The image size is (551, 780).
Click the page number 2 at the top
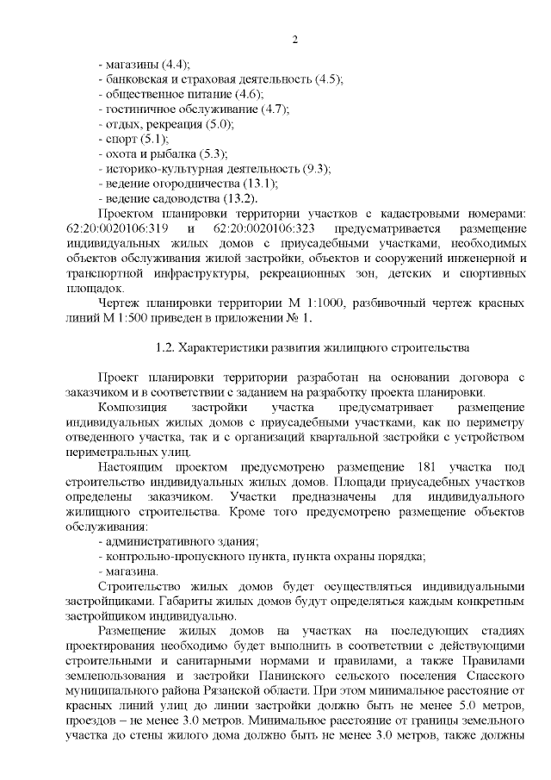294,40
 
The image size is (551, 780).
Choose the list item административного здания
182,541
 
